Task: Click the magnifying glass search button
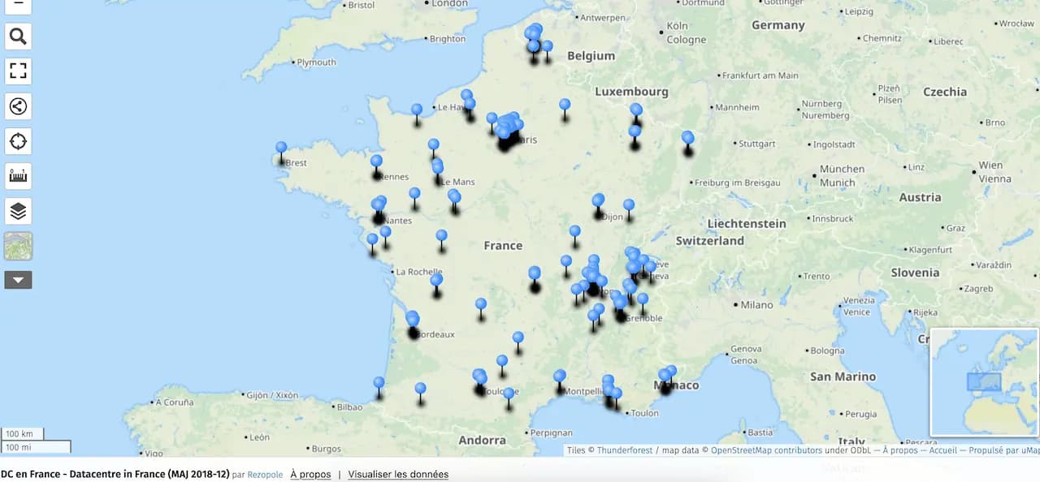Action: pyautogui.click(x=18, y=36)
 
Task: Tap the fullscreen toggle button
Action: pyautogui.click(x=18, y=71)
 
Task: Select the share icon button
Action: pyautogui.click(x=18, y=105)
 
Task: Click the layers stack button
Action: pyautogui.click(x=18, y=211)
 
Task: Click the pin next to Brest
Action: pyautogui.click(x=281, y=148)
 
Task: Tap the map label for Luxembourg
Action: pyautogui.click(x=631, y=92)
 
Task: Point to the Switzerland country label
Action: pyautogui.click(x=709, y=241)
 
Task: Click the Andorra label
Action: pyautogui.click(x=482, y=440)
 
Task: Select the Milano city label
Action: pyautogui.click(x=756, y=305)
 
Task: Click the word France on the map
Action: pyautogui.click(x=503, y=245)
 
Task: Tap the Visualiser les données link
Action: pyautogui.click(x=398, y=475)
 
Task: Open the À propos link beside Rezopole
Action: pyautogui.click(x=310, y=475)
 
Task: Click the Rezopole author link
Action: pyautogui.click(x=265, y=475)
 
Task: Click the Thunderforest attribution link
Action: pyautogui.click(x=625, y=450)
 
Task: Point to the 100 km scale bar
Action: pyautogui.click(x=22, y=434)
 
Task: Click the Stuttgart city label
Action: pyautogui.click(x=756, y=144)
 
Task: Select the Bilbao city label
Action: pyautogui.click(x=349, y=407)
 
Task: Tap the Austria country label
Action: pyautogui.click(x=920, y=197)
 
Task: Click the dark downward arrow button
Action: pyautogui.click(x=18, y=280)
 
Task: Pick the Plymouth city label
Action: pyautogui.click(x=316, y=62)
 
